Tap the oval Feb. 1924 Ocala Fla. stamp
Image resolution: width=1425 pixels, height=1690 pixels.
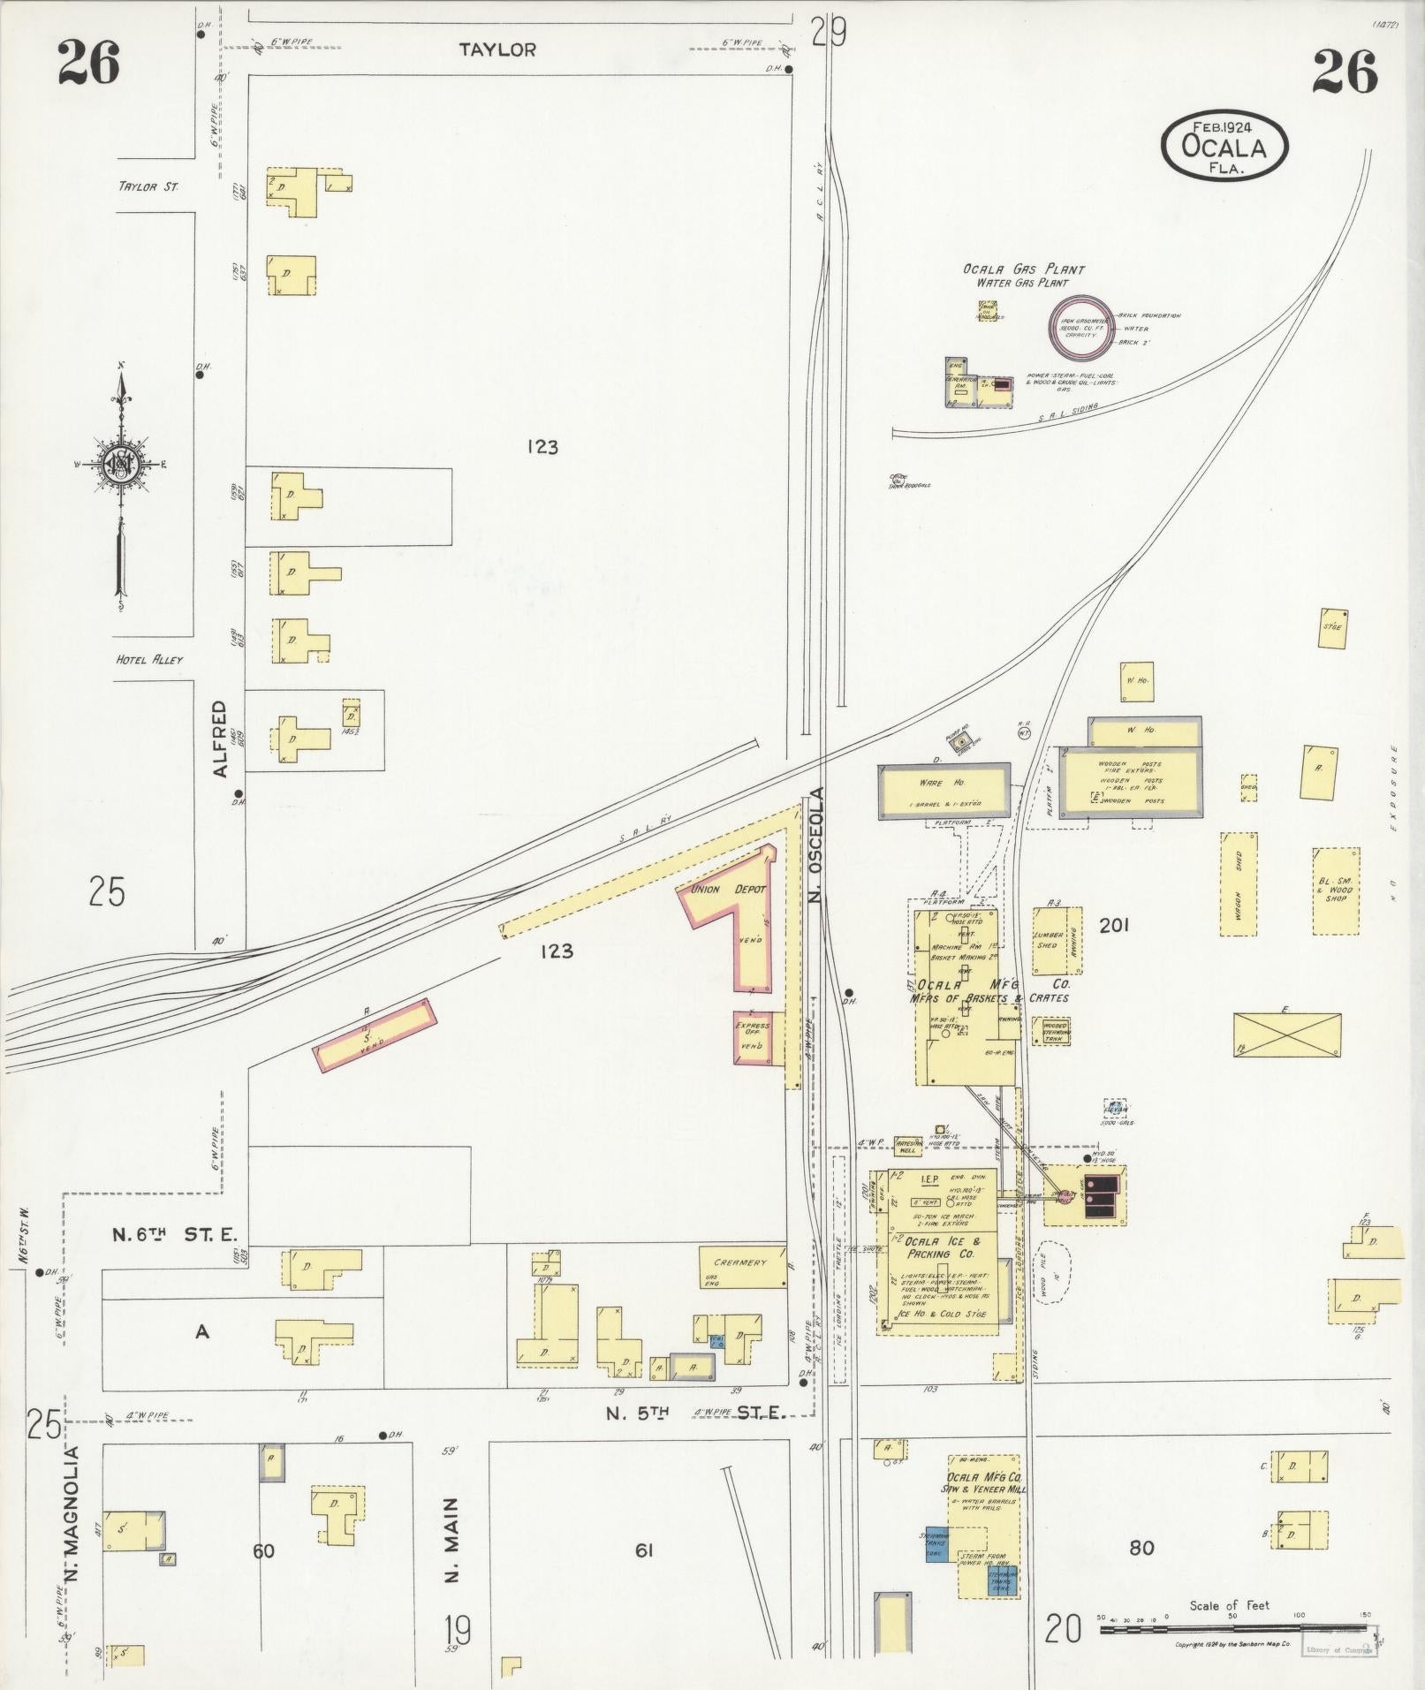1224,142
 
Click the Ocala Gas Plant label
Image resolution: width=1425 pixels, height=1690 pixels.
1023,269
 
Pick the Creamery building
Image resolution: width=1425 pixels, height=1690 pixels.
742,1268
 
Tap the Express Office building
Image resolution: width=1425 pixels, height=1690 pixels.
754,1036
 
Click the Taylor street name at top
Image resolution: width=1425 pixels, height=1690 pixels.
497,50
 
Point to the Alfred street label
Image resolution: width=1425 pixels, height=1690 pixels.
220,739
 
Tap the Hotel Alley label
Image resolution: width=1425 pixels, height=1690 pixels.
149,660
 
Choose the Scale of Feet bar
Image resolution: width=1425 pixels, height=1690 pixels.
1233,1628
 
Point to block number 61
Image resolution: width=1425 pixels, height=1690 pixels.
643,1550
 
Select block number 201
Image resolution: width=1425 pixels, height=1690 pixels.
1114,925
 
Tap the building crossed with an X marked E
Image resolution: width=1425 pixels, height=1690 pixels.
1286,1034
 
